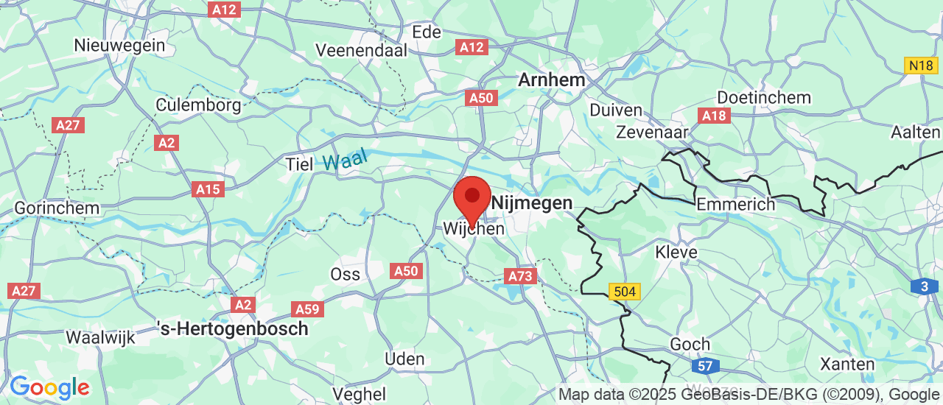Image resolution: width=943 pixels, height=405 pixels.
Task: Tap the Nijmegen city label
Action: tap(532, 202)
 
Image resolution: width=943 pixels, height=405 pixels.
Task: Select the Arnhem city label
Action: tap(552, 80)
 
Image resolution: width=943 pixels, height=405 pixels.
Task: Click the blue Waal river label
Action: tap(345, 161)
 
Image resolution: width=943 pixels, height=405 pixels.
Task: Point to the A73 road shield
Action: tap(521, 276)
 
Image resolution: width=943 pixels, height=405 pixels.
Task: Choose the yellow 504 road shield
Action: tap(624, 292)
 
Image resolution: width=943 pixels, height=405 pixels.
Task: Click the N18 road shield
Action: tap(921, 66)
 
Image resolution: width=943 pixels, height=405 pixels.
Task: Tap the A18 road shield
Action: tap(715, 116)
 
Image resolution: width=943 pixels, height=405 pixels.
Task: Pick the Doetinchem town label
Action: tap(764, 97)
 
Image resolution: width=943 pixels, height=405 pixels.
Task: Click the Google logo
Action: tap(49, 387)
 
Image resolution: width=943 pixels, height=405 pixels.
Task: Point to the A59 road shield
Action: tap(307, 309)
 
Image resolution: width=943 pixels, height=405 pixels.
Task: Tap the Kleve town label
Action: tap(676, 253)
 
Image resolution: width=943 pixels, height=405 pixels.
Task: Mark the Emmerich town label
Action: tap(736, 204)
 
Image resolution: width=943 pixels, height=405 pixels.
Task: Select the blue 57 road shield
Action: tap(706, 366)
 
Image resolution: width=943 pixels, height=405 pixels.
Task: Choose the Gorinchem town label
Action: tap(57, 208)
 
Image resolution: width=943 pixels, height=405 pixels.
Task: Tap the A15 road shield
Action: tap(208, 189)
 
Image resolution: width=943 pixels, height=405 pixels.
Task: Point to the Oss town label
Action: tap(346, 274)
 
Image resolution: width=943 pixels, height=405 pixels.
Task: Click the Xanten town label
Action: tap(848, 364)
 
